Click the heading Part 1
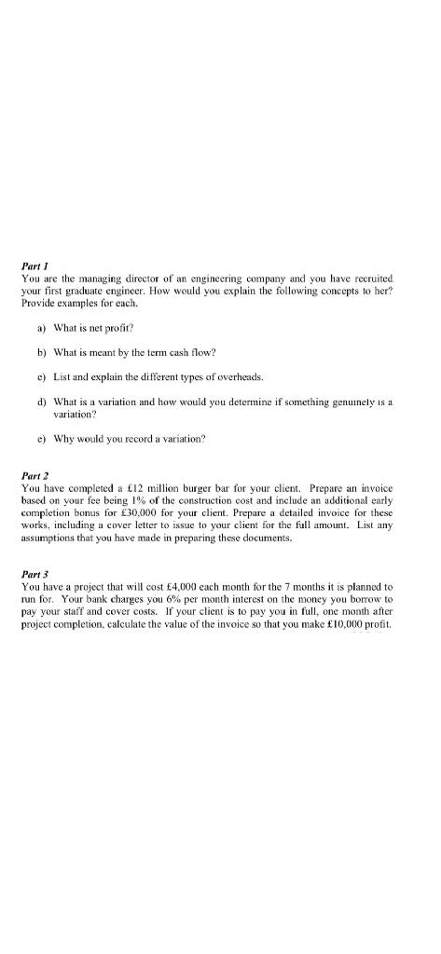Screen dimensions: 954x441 click(x=34, y=266)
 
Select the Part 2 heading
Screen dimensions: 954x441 click(x=34, y=477)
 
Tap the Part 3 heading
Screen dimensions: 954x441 click(x=34, y=576)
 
